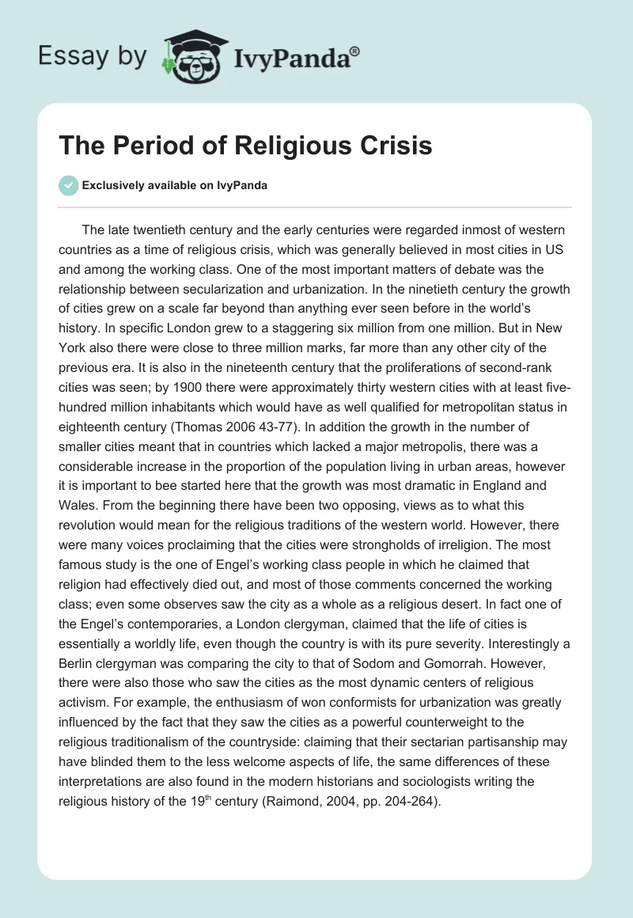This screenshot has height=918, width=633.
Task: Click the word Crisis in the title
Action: point(390,146)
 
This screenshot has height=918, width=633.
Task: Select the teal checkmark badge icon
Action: point(69,186)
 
